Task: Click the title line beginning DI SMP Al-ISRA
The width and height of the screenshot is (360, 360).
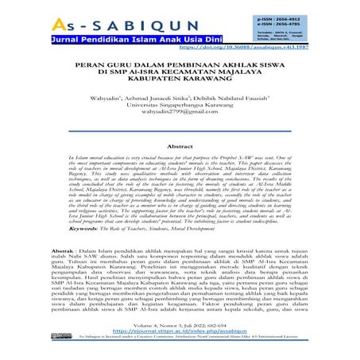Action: click(x=180, y=92)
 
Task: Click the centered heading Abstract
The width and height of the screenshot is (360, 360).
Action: click(x=180, y=147)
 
